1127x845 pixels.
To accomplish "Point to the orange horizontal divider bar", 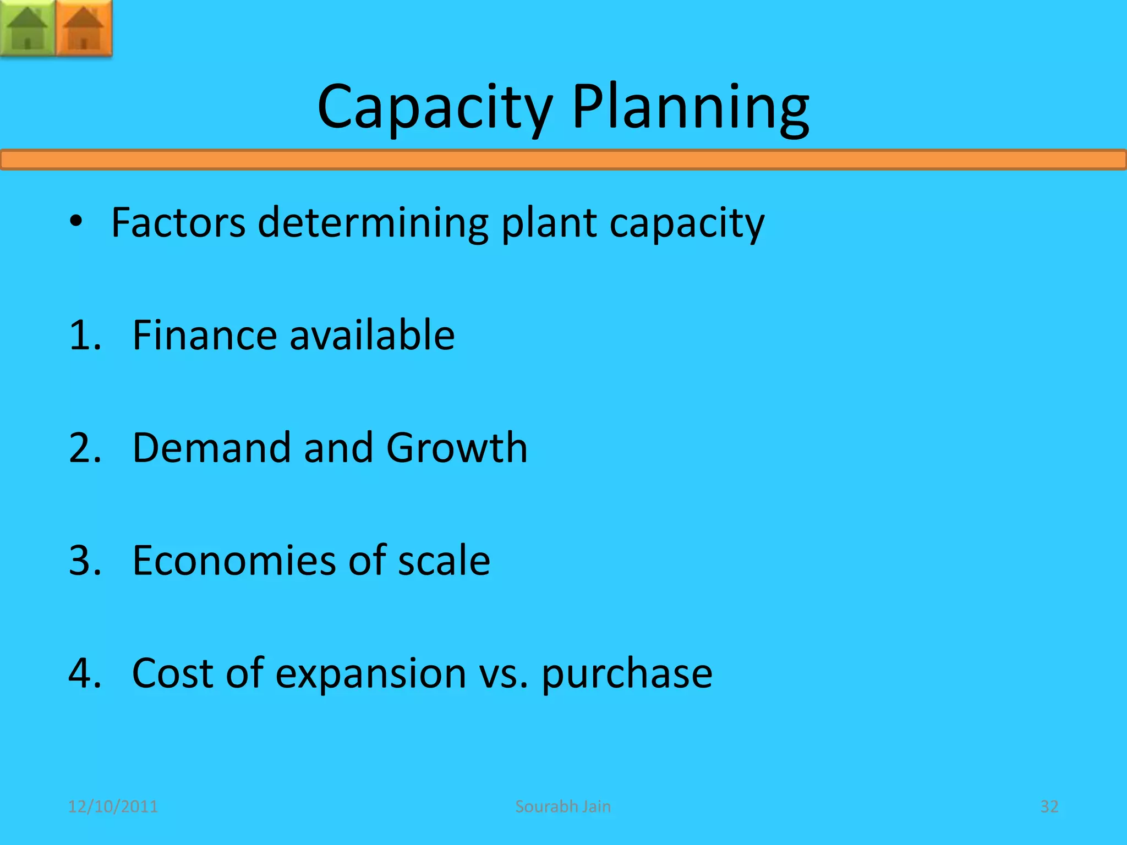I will [x=563, y=160].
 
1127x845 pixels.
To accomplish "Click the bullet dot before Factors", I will [x=76, y=222].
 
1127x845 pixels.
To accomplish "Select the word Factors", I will [x=178, y=223].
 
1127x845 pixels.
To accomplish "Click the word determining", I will [x=373, y=223].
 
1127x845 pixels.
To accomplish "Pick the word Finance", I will [x=205, y=335].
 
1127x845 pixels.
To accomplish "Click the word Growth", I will [x=457, y=447].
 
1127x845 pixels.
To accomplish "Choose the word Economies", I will [x=234, y=560].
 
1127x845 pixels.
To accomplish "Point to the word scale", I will [x=444, y=560].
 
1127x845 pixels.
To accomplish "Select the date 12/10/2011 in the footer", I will [x=113, y=806].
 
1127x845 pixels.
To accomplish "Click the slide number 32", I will [x=1049, y=806].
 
